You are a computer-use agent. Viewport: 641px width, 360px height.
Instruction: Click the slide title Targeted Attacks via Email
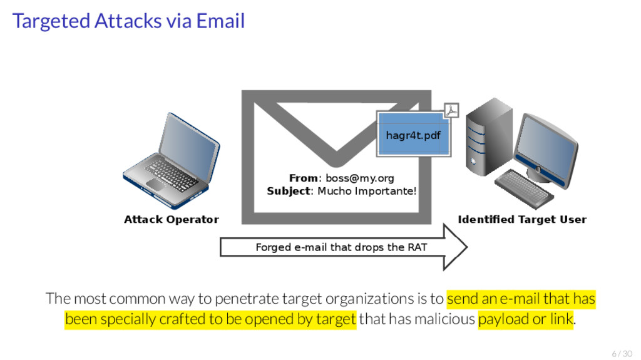[128, 21]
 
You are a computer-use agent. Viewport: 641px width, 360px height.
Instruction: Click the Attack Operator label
[171, 219]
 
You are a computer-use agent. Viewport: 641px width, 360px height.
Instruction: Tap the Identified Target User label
[522, 219]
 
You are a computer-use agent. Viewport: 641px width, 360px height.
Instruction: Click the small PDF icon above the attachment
[451, 111]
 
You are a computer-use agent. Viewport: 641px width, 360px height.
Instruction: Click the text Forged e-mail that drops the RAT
[341, 247]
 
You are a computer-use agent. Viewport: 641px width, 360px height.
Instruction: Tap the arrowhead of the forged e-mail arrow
[454, 247]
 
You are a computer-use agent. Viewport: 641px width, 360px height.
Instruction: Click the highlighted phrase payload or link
[525, 319]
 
